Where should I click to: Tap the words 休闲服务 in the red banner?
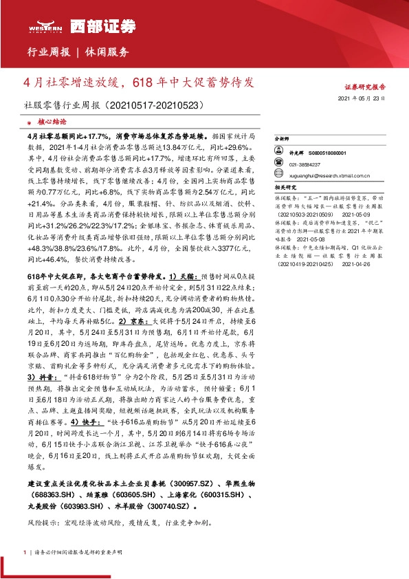tap(107, 52)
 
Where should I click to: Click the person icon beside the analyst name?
tap(280, 153)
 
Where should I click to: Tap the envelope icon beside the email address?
tap(280, 174)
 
